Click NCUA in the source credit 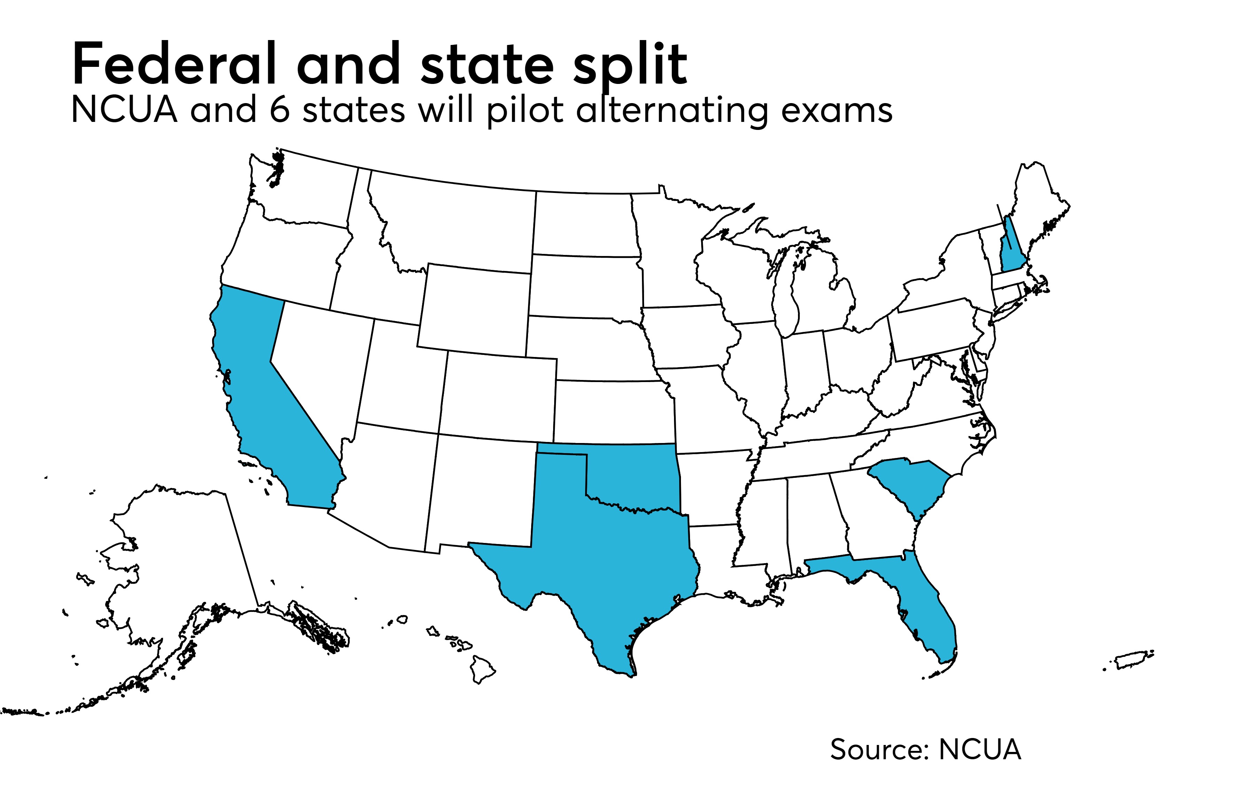coord(979,749)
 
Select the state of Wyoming coord(474,308)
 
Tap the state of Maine coord(1037,208)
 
